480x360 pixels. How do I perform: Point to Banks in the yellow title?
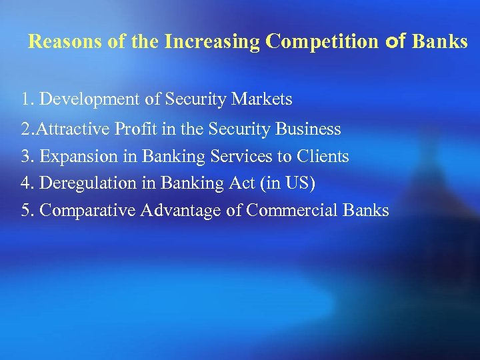440,42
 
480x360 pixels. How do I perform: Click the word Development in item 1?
90,100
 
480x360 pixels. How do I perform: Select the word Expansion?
77,157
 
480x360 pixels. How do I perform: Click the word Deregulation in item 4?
85,183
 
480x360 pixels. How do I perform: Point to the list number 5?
26,211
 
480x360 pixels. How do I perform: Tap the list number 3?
26,157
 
